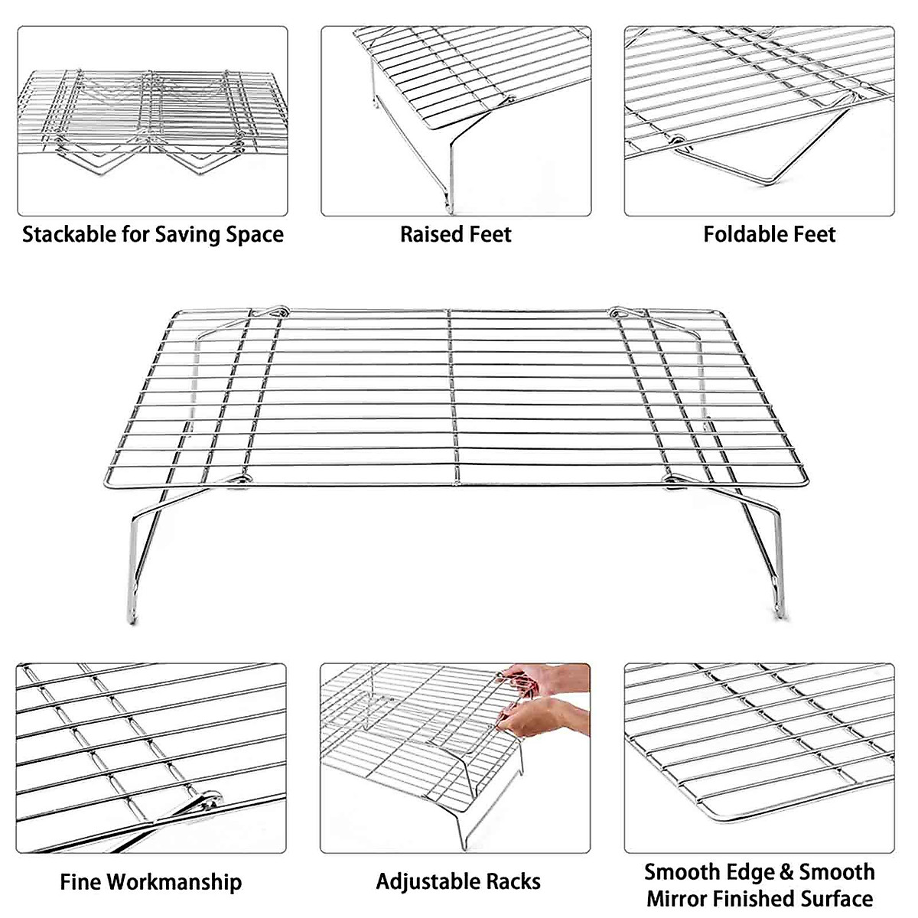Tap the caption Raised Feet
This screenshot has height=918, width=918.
coord(455,234)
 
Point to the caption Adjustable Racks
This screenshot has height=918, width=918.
coord(457,882)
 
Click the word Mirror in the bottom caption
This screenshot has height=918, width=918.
coord(684,898)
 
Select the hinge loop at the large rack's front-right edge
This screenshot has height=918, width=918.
coord(673,479)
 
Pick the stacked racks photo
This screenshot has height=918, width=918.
coord(152,121)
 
